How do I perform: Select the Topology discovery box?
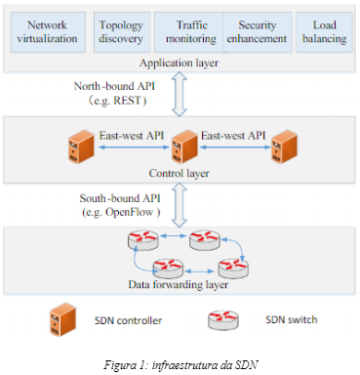[120, 31]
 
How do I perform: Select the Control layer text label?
[180, 173]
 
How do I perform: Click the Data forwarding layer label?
[180, 284]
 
